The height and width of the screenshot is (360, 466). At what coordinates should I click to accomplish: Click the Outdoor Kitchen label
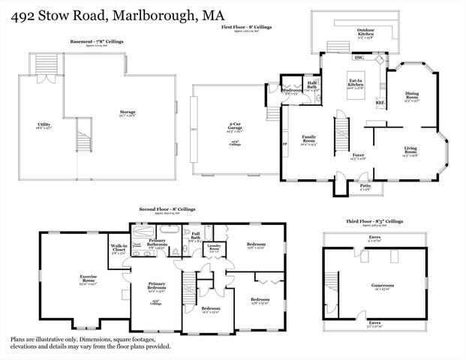365,31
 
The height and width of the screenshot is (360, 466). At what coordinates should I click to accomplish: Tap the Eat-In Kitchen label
355,82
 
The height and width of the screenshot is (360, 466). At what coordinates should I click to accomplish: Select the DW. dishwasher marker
358,57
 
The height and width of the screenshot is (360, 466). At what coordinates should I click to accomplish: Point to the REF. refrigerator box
380,101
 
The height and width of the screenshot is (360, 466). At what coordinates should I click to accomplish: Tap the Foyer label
359,155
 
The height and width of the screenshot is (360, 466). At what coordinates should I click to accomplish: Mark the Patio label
365,185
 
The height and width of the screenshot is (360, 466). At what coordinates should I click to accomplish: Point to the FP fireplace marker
284,142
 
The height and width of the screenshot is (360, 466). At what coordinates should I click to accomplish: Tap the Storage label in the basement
126,112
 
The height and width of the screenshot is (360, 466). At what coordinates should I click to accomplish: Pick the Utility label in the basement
44,124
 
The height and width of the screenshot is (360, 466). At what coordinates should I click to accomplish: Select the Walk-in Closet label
118,247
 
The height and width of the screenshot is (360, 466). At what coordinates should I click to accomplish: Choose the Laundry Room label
214,247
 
